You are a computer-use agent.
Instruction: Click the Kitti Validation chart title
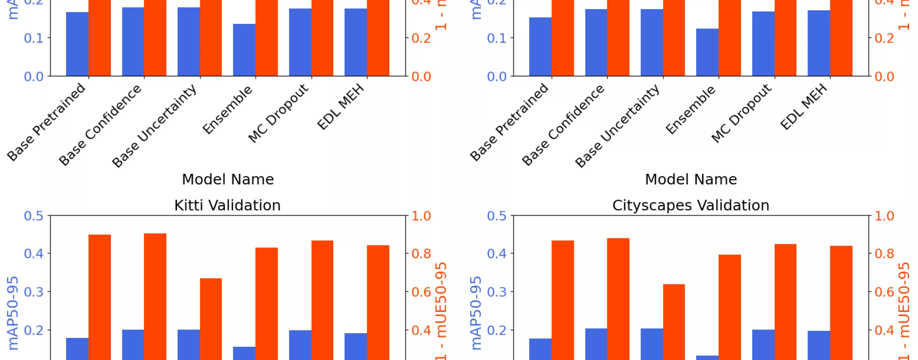pos(227,205)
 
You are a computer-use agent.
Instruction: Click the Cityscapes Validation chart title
pos(690,205)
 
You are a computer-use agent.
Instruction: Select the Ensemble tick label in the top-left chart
pos(228,110)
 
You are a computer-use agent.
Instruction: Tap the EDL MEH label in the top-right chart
pos(803,107)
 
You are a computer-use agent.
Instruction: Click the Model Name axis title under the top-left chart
pos(228,180)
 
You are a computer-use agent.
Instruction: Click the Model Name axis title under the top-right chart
pos(691,180)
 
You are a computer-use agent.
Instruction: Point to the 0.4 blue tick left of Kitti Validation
pos(33,253)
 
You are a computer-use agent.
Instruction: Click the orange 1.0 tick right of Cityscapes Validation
pos(884,216)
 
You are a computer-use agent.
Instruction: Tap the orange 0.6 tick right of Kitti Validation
pos(421,292)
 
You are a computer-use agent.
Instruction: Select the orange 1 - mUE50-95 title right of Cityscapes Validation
pos(904,310)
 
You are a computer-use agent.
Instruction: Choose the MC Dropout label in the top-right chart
pos(741,113)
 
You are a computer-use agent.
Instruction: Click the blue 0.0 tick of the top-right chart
pos(496,77)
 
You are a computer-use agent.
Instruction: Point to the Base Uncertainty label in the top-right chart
pos(617,126)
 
